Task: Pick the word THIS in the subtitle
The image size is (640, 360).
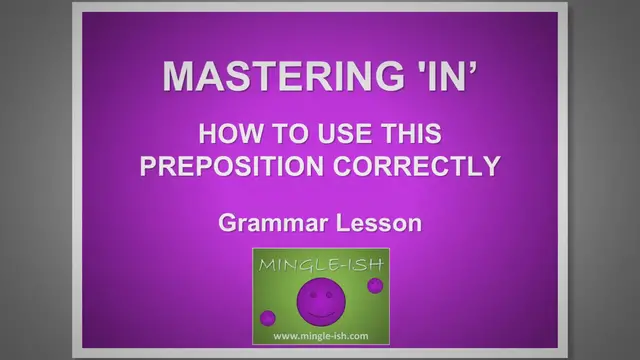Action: tap(407, 134)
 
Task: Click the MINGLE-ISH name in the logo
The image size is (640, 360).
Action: tap(320, 266)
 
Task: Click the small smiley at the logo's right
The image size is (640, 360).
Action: tap(375, 286)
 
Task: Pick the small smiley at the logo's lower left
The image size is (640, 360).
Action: tap(268, 318)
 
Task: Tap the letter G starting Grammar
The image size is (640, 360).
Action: tap(228, 222)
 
